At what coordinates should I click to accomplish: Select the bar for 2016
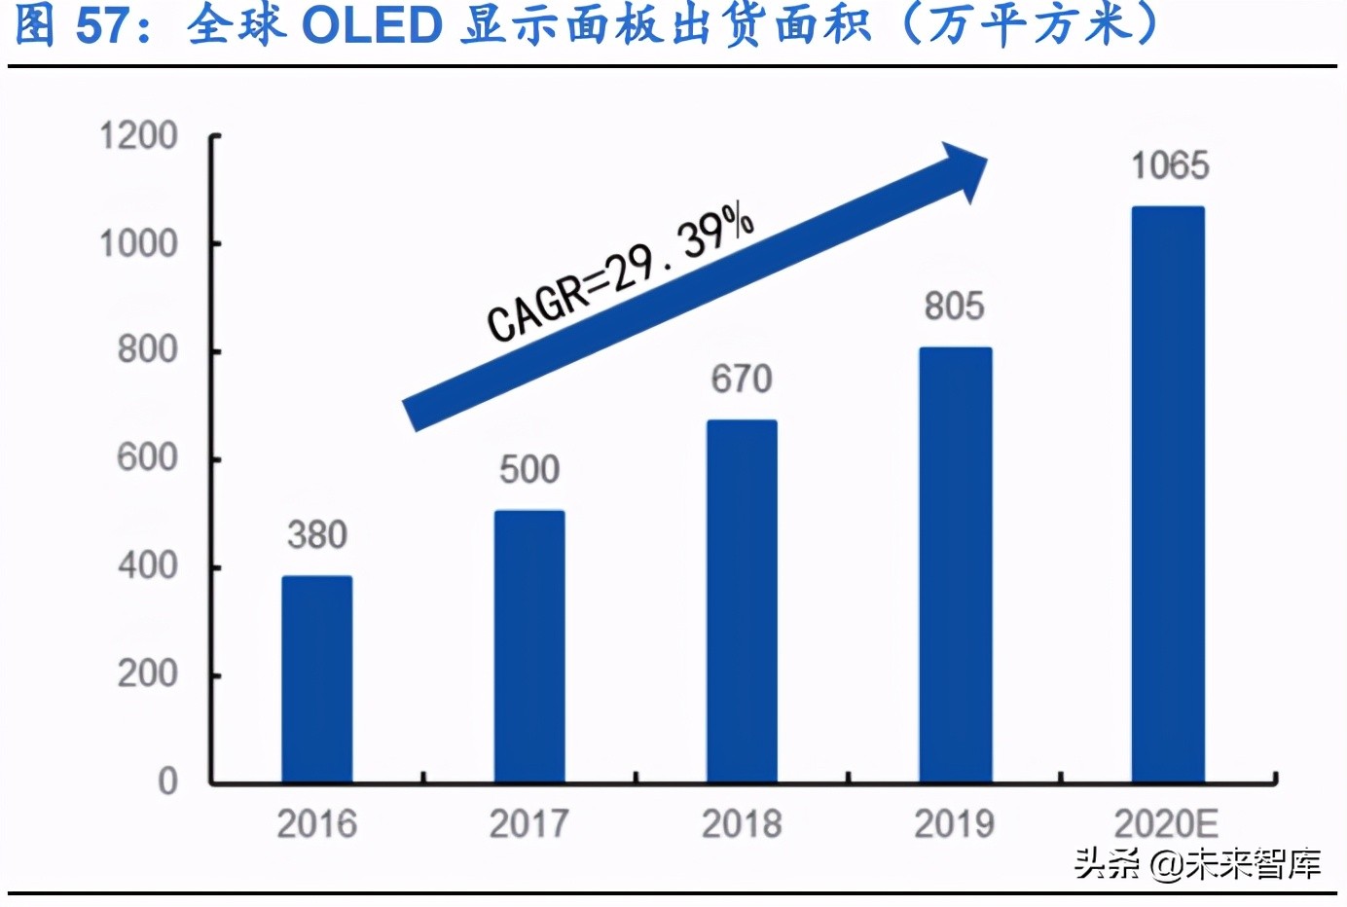[317, 678]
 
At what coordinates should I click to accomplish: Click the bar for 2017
[529, 646]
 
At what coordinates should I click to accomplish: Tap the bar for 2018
[742, 600]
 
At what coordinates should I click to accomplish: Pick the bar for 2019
[955, 564]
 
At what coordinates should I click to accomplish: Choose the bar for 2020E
[1167, 494]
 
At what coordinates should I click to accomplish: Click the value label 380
[317, 535]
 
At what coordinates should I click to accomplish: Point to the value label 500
[529, 470]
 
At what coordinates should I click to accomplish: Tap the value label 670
[742, 380]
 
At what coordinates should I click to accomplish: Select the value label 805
[954, 307]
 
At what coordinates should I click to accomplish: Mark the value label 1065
[1169, 166]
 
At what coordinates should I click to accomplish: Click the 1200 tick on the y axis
[138, 136]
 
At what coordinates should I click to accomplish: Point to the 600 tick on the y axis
[147, 458]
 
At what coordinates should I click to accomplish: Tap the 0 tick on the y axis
[167, 781]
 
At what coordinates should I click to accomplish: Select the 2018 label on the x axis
[742, 824]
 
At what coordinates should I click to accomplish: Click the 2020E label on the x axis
[1166, 824]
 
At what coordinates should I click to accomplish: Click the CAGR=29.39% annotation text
[620, 272]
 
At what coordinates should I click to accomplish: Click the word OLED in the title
[372, 26]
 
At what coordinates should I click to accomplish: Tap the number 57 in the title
[102, 26]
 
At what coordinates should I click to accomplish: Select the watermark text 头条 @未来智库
[1197, 863]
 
